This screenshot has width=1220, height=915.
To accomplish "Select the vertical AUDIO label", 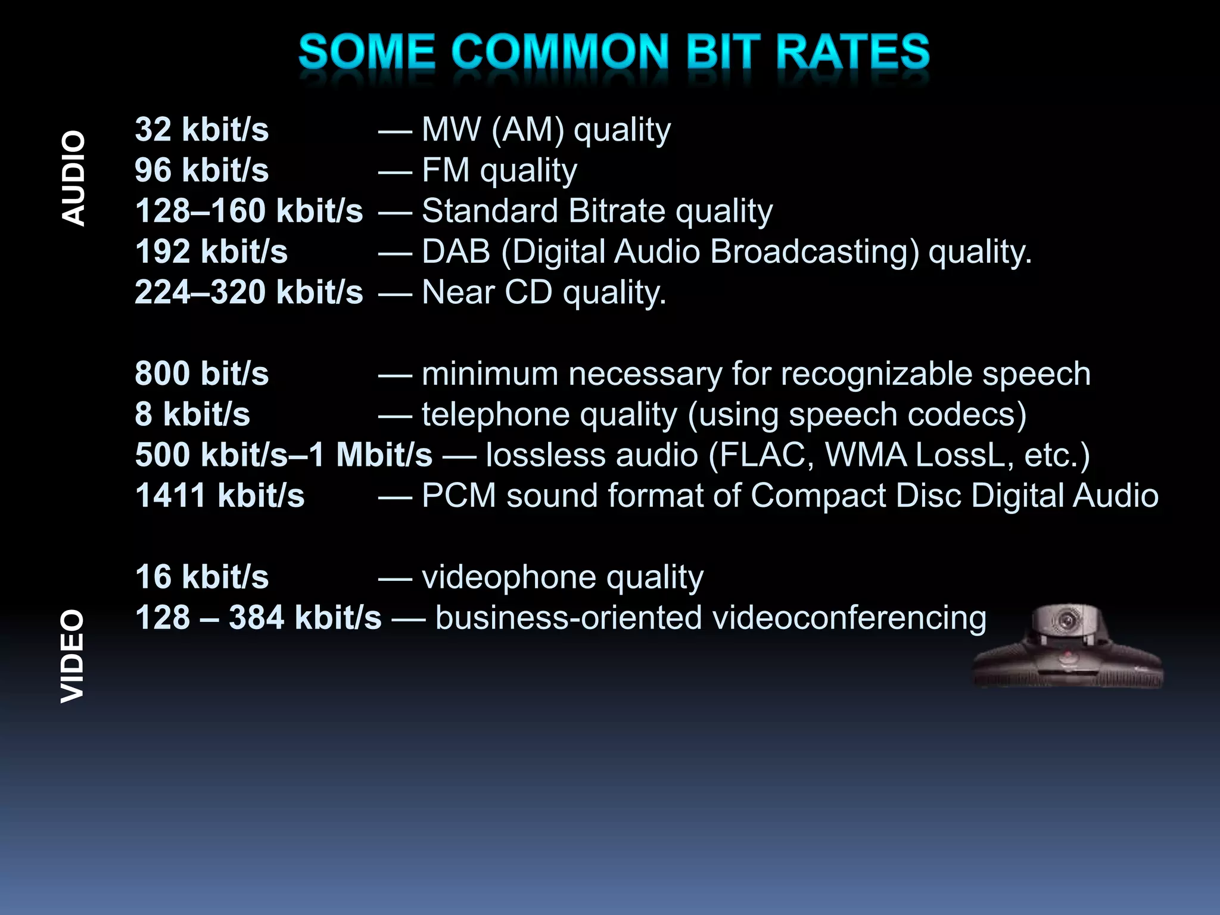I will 74,179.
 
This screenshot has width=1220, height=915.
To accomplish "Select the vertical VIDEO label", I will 73,656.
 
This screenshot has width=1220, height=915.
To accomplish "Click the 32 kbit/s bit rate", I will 202,130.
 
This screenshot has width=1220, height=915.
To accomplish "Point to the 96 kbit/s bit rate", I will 202,170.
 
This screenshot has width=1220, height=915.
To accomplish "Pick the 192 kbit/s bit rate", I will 211,252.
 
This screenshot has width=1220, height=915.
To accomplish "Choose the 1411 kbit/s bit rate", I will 220,496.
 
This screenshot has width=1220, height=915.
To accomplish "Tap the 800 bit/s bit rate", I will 202,374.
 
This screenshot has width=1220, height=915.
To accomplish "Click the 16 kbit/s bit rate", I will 202,577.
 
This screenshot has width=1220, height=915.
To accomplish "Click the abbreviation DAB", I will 456,252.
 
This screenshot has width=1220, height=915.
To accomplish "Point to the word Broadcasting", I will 814,252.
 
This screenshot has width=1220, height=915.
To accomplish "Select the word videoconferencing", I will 849,618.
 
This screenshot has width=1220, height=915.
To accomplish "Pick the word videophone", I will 509,577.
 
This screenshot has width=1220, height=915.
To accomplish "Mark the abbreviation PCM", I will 459,496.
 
